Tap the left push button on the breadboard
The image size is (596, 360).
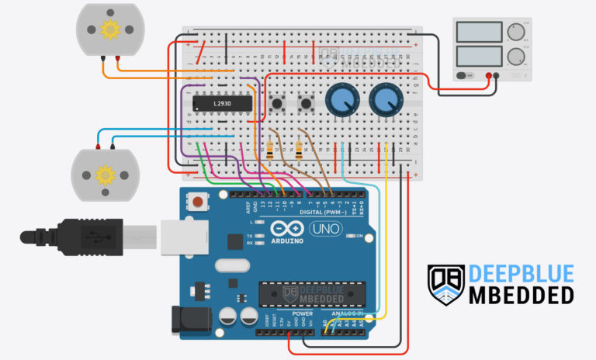(x=277, y=102)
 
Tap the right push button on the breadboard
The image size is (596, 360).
(x=307, y=102)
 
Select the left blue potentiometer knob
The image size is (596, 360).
(x=340, y=100)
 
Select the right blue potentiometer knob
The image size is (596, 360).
(x=383, y=100)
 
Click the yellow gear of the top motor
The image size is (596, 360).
(x=109, y=29)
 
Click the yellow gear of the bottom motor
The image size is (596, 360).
(x=104, y=174)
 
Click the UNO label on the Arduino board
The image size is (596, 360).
(x=326, y=229)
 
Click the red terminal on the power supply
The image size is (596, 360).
(x=490, y=76)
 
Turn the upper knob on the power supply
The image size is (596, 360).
(x=515, y=32)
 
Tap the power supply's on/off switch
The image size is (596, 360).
(x=463, y=76)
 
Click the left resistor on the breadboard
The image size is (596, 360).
(x=269, y=149)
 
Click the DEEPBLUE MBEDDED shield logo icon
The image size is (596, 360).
(x=445, y=284)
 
